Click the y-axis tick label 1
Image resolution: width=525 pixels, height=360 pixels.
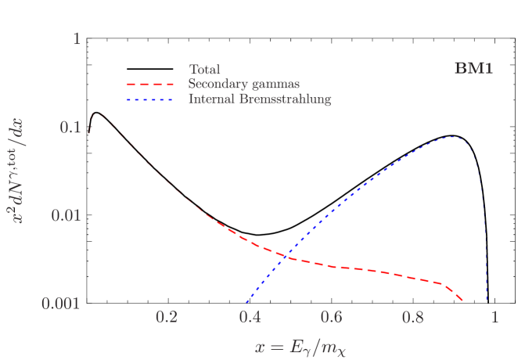77,38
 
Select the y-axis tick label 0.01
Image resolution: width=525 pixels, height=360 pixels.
67,214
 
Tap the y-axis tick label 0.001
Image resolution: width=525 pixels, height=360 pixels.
63,303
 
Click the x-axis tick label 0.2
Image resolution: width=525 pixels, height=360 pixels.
167,318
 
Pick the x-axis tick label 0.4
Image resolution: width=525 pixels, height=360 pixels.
250,318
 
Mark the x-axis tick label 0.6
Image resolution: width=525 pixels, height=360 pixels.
333,318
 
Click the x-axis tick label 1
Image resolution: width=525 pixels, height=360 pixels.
494,318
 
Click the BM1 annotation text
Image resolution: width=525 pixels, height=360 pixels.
473,69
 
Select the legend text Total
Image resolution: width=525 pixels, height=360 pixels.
204,69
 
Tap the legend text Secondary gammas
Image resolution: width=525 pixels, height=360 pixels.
244,84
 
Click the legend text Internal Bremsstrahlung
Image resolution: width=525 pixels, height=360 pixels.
260,99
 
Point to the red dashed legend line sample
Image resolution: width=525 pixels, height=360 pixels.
153,84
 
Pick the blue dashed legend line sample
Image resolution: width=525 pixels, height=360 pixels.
153,99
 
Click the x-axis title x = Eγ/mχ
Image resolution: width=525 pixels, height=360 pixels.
300,345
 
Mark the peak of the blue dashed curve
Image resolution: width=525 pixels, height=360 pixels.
450,138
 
